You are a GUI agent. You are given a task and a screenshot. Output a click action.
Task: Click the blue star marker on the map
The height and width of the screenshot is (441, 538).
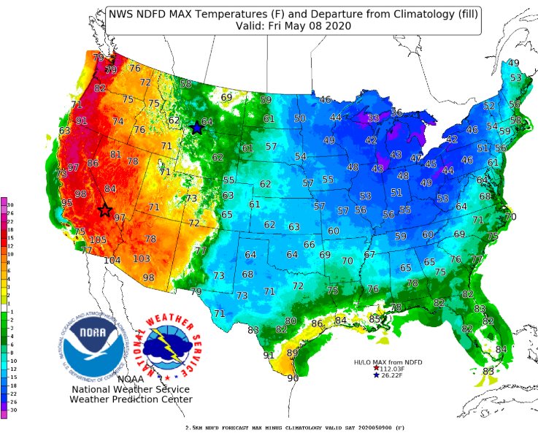pos(196,129)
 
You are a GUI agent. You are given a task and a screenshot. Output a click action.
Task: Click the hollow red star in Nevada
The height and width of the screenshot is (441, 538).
pos(104,210)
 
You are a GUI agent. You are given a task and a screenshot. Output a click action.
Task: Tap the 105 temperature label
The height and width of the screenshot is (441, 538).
pos(98,240)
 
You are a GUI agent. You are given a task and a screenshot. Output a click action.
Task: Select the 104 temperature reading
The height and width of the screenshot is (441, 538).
pos(112,261)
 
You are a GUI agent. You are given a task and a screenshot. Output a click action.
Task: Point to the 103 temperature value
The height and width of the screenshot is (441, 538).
pos(142,259)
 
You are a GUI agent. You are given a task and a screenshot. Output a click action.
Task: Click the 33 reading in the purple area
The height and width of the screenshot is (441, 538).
pos(373,118)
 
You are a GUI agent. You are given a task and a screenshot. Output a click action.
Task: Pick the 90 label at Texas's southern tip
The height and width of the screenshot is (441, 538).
pos(293,378)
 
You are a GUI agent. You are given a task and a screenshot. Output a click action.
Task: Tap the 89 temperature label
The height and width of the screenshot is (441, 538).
pos(292,353)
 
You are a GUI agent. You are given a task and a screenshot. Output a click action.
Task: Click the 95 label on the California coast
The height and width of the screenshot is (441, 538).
pos(67,202)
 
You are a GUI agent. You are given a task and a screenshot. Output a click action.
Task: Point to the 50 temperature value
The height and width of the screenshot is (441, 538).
pos(299,118)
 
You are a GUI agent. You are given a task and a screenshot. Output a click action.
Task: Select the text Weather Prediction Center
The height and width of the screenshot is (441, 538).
pos(131,399)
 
